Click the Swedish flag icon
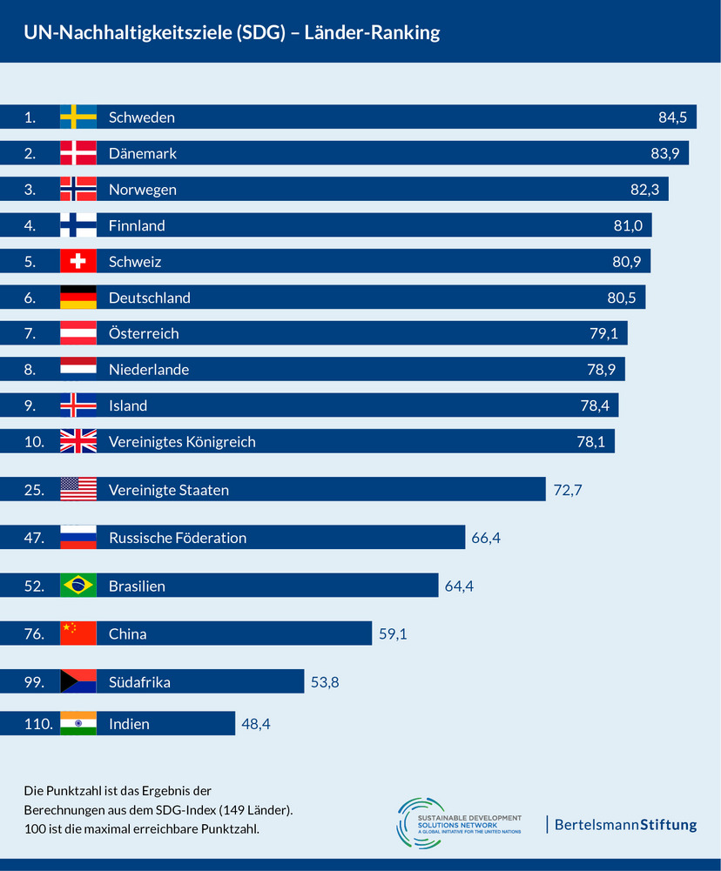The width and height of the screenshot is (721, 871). point(77,117)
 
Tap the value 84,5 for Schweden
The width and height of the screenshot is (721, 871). point(672,117)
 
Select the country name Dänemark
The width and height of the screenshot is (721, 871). point(143,153)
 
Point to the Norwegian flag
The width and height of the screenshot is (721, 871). point(77,190)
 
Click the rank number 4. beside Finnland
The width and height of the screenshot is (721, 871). point(30,225)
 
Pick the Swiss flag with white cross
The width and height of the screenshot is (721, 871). point(77,262)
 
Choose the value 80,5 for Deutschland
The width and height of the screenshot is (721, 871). point(621,298)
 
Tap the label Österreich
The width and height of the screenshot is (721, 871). point(144,333)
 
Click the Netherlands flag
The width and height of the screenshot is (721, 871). point(77,370)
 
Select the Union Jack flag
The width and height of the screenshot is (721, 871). point(77,442)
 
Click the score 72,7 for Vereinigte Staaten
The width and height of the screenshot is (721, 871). point(567,490)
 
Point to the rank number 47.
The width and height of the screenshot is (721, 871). point(34,538)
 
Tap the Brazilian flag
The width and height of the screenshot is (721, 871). point(77,586)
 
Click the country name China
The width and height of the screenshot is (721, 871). point(127,634)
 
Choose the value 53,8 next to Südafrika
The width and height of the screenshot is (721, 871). point(325,682)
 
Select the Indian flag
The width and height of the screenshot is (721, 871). point(77,724)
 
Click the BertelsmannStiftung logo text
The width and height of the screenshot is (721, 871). point(625,824)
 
